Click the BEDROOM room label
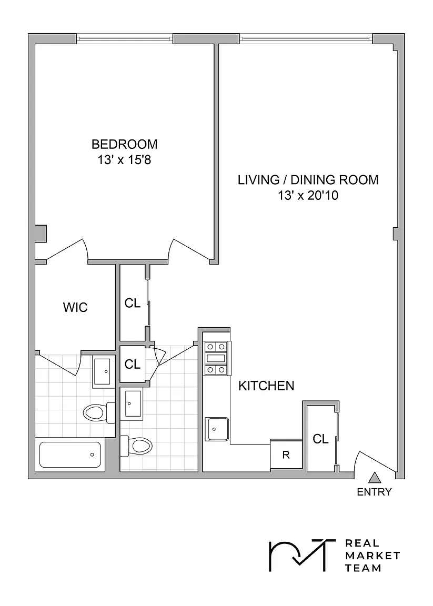pos(125,144)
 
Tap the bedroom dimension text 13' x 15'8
pos(124,159)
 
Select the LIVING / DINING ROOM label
pos(308,180)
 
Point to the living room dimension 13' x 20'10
pos(308,196)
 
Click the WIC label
pos(75,308)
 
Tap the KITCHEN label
pos(266,386)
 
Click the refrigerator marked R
pos(286,455)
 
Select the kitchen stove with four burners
pos(217,358)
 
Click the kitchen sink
pos(217,429)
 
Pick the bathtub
pos(70,454)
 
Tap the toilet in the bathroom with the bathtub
pos(99,412)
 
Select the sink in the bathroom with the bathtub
pos(104,371)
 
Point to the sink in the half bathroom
pos(132,403)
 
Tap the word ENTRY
pos(374,492)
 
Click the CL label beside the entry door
pos(320,439)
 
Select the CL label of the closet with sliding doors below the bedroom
pos(133,304)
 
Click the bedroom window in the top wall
pos(125,38)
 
